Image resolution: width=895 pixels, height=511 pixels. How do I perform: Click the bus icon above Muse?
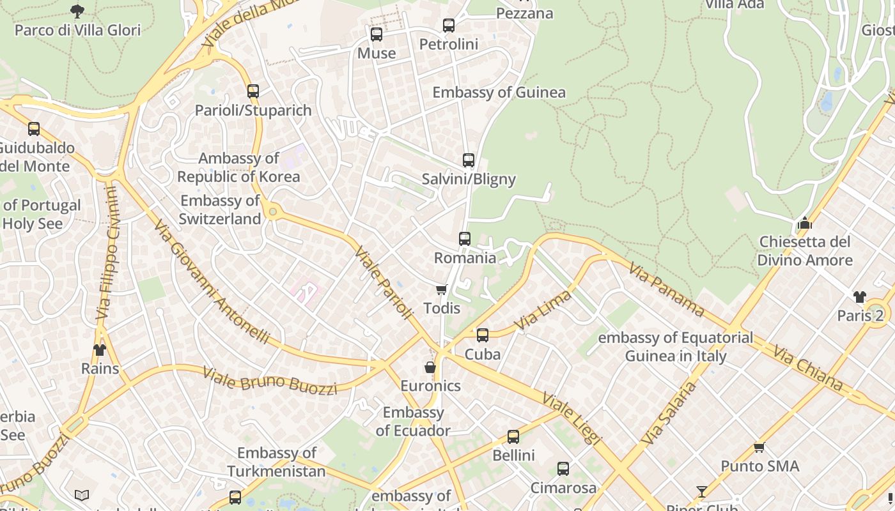[377, 34]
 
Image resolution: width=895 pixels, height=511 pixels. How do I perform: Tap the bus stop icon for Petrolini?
[449, 26]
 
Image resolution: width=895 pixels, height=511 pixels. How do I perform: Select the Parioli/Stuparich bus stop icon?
[253, 91]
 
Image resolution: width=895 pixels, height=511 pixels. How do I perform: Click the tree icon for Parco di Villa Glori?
[77, 11]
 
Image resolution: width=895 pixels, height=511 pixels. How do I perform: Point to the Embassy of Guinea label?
[499, 93]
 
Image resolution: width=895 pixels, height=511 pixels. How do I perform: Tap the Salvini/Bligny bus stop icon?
[469, 160]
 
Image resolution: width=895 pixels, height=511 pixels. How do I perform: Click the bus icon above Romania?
[465, 239]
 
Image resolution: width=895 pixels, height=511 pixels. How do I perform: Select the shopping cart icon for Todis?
[441, 290]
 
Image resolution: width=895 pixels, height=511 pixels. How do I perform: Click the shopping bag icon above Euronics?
[430, 367]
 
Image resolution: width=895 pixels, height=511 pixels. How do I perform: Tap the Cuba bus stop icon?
[483, 335]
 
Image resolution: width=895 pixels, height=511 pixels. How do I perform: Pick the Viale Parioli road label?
[384, 282]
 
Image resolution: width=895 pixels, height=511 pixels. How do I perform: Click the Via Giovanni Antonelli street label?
[212, 282]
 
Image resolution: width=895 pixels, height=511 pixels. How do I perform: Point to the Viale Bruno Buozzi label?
[269, 381]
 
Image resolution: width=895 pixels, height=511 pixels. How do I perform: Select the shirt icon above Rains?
[100, 350]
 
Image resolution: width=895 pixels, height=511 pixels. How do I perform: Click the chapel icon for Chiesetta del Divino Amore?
[805, 224]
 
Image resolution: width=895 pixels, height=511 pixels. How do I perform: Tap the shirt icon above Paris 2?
[860, 297]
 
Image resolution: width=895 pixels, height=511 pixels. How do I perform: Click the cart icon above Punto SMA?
[759, 447]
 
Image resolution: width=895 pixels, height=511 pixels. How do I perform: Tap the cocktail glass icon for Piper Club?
[702, 491]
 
